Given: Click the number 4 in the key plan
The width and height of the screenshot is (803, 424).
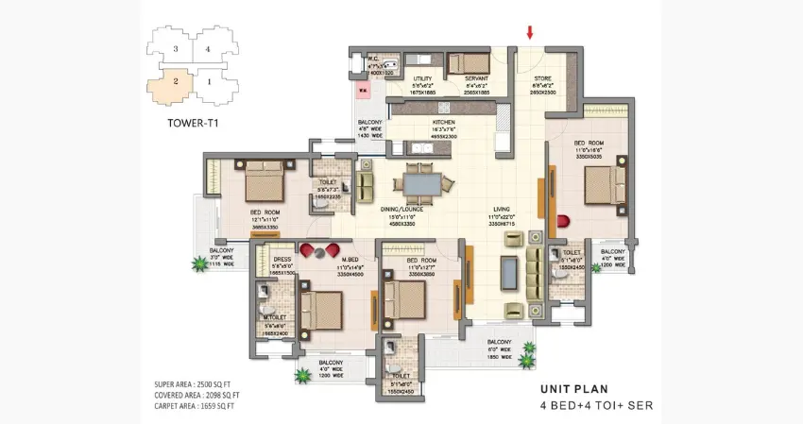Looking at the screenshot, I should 207,48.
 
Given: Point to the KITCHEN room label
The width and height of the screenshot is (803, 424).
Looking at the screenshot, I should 445,123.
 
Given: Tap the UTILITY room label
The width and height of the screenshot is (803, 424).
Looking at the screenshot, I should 422,79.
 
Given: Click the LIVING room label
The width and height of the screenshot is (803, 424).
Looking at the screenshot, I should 501,209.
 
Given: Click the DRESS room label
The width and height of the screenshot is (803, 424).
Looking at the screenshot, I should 282,258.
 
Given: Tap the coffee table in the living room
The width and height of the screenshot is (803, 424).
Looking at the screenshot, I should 509,272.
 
